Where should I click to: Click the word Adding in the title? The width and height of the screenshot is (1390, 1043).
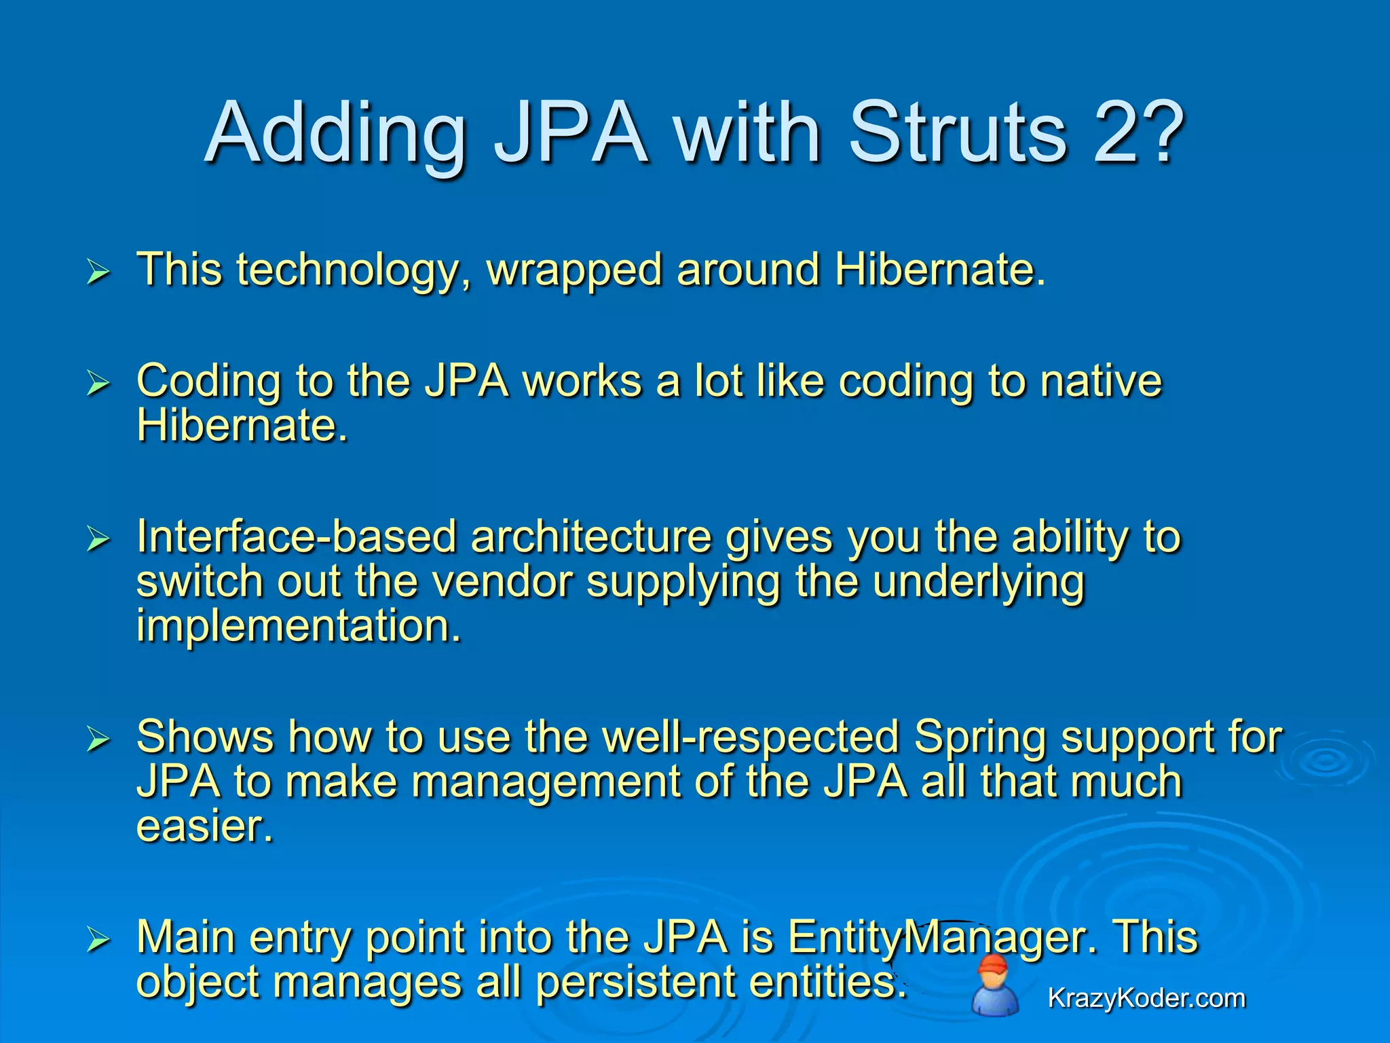point(335,134)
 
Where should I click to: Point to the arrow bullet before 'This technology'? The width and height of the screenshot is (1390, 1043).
point(98,273)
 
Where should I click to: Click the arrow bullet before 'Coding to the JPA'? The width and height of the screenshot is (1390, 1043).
point(98,384)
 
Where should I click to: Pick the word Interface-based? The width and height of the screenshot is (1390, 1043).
point(296,537)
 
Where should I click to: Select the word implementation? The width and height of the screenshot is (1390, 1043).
point(299,625)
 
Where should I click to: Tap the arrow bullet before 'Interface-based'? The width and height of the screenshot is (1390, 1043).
point(98,541)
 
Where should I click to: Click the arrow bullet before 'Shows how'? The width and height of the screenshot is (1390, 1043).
point(98,740)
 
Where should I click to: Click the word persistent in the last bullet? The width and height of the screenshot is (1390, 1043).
point(636,982)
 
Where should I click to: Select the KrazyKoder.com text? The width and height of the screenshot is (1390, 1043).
point(1146,998)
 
